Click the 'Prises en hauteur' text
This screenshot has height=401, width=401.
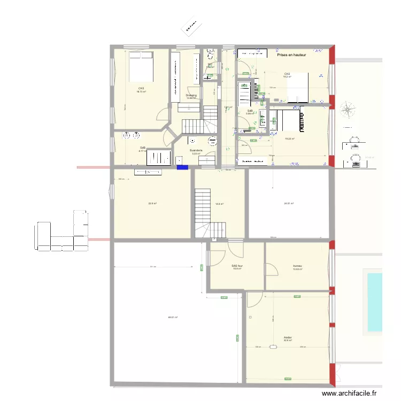coord(291,55)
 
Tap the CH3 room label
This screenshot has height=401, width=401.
coord(141,88)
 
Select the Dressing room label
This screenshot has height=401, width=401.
coord(191,95)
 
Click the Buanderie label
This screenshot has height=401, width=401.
coord(196,150)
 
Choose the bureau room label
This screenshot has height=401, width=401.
coord(297,266)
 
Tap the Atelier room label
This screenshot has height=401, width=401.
coord(288,337)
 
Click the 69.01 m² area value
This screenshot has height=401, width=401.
coord(173,318)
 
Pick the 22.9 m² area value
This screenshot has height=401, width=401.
coord(152,203)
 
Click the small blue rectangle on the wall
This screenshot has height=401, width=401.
coord(182,167)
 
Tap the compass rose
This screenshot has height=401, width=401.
coord(348,111)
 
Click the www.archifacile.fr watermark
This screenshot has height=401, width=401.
coord(352,394)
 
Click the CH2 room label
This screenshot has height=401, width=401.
coord(287,74)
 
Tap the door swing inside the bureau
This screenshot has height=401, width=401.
coord(272,268)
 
